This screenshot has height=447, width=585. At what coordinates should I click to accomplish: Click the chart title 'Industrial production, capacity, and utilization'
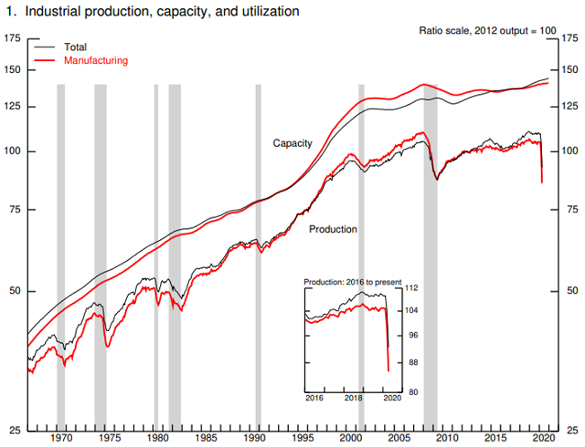click(x=154, y=12)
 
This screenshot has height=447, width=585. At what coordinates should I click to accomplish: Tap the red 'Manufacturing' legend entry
click(x=95, y=60)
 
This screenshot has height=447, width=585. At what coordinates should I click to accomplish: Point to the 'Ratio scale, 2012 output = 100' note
click(x=488, y=31)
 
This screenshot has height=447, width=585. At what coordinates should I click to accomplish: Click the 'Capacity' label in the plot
click(x=292, y=143)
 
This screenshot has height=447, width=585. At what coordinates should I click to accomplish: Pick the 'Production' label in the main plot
click(x=333, y=229)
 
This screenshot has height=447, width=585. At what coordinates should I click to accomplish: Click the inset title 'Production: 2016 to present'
click(x=353, y=282)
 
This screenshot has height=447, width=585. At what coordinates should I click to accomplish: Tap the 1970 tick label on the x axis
click(x=61, y=437)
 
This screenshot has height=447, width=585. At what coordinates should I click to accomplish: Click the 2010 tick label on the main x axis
click(x=447, y=437)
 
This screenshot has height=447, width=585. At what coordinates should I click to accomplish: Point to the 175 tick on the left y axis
click(x=13, y=39)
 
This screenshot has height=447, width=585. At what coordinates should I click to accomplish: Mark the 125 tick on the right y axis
click(x=570, y=107)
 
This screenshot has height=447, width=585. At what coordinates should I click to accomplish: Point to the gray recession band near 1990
click(x=258, y=252)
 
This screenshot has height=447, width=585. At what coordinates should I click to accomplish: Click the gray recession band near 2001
click(x=361, y=252)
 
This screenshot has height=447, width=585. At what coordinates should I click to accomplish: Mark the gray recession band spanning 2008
click(x=430, y=252)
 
